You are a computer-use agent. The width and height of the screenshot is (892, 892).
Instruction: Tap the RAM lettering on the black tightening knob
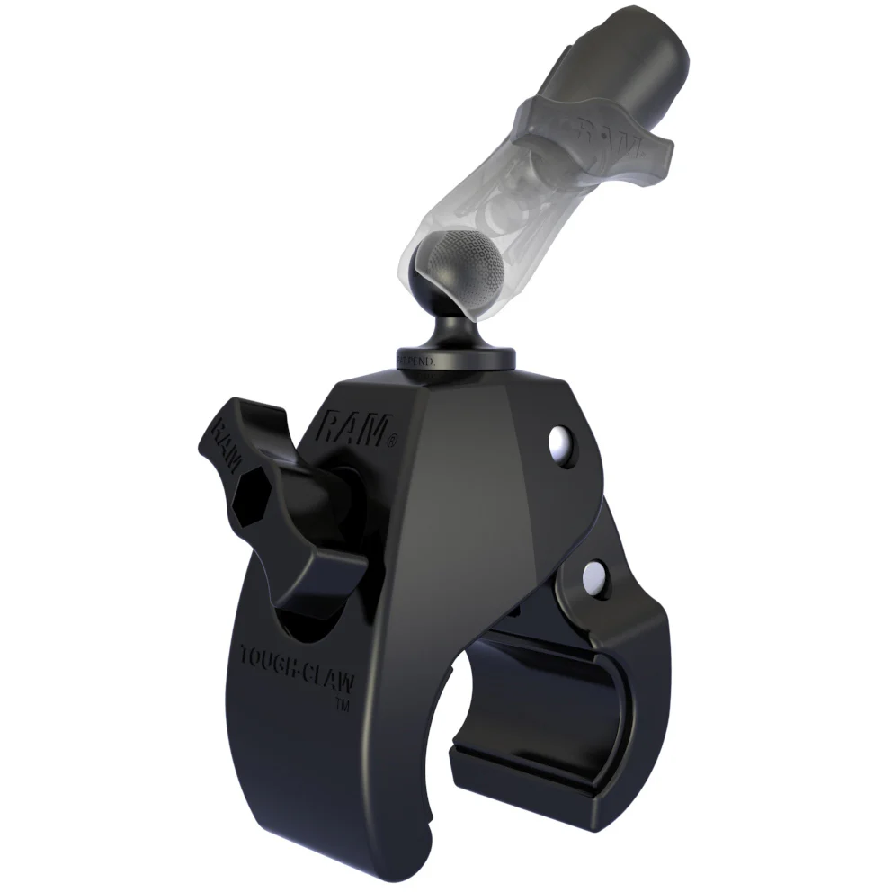(226, 442)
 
